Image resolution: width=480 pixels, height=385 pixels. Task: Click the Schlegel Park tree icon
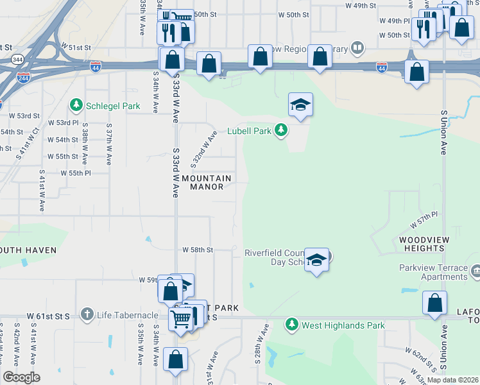(76, 104)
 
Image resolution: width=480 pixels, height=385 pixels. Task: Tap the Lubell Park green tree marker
(280, 130)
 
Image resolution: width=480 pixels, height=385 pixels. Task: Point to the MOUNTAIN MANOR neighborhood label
(207, 182)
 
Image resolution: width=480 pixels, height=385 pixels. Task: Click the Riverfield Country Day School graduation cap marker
(316, 260)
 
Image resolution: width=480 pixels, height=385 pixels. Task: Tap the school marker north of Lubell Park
(300, 105)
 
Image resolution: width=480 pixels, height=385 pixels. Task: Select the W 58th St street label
(197, 249)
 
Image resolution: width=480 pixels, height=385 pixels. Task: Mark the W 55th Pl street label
(76, 173)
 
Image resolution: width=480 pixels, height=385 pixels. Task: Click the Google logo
(21, 377)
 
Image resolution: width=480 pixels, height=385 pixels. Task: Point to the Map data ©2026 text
(452, 380)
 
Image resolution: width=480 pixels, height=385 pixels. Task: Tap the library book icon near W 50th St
(357, 47)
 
